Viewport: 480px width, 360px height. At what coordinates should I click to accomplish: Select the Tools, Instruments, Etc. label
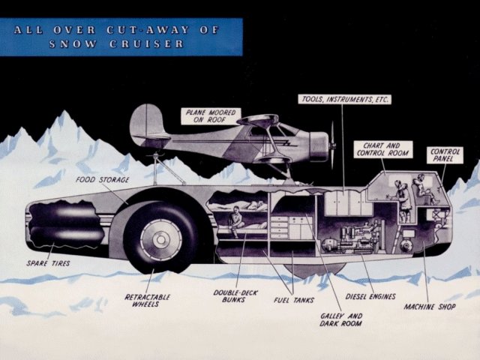[344, 99]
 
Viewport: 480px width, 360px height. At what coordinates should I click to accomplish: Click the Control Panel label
[445, 155]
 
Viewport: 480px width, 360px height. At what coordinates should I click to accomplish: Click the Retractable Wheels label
[148, 300]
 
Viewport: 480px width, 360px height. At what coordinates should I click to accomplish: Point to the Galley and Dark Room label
[340, 319]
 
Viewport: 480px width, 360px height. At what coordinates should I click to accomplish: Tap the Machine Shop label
[431, 307]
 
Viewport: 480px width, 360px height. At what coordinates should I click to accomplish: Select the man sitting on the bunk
[238, 219]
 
